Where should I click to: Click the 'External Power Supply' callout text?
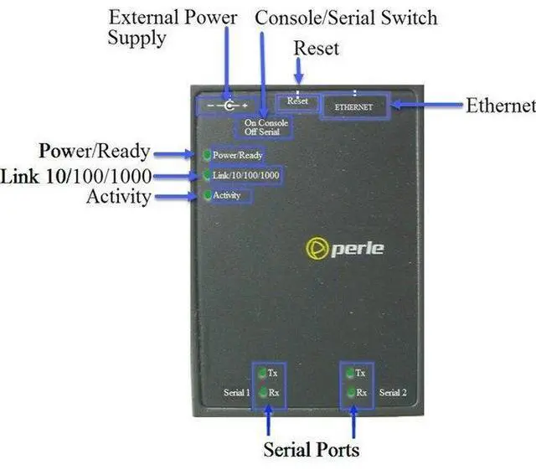173,27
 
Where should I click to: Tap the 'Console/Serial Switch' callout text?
345,17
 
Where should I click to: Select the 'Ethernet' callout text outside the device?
500,106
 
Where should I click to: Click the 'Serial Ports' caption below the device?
312,449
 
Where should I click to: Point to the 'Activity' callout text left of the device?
118,197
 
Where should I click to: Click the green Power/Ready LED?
206,155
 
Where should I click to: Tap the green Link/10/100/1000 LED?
206,175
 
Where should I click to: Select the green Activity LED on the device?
206,195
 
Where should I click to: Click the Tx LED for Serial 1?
262,373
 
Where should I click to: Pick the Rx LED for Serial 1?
262,392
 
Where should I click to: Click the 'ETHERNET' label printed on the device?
353,107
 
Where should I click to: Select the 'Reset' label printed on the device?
298,101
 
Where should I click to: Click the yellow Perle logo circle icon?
317,249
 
